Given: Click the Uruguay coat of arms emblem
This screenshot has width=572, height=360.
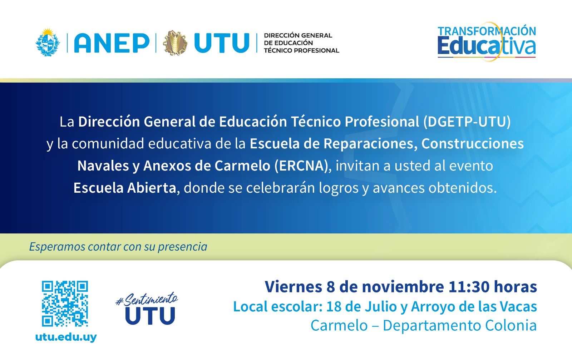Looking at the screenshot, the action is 48,43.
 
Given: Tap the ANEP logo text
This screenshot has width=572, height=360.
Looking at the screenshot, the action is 112,43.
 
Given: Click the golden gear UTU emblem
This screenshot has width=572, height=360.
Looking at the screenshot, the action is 175,43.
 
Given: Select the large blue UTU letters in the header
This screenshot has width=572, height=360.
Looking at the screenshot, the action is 222,43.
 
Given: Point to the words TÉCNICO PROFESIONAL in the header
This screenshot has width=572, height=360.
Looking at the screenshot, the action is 302,50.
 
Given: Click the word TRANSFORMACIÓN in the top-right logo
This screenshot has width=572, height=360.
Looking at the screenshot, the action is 487,31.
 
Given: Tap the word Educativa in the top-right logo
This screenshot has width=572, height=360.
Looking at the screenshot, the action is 487,46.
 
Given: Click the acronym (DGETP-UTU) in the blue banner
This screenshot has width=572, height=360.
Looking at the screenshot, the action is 467,122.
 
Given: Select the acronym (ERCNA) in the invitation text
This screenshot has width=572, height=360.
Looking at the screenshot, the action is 301,166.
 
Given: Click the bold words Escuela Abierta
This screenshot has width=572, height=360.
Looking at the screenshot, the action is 125,188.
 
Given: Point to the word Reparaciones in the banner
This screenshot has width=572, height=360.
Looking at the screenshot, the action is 369,144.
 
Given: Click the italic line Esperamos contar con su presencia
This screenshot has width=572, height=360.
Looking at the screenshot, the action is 118,247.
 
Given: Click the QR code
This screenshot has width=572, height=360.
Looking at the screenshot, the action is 65,304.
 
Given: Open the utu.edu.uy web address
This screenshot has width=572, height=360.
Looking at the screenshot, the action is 66,337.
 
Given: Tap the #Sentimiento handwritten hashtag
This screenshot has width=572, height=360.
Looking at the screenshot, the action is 147,299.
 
